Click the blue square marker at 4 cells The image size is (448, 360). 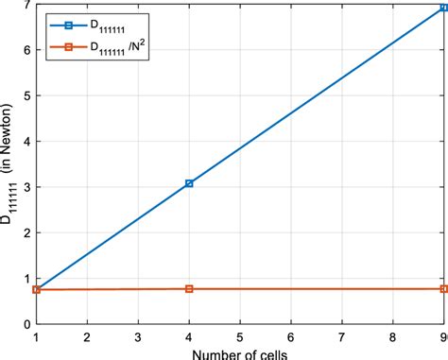[189, 183]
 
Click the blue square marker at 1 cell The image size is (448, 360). [36, 289]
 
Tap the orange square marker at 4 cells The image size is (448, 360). [189, 288]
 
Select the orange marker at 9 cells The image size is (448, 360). [443, 288]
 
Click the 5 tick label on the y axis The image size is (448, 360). [26, 95]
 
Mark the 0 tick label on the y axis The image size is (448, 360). [26, 324]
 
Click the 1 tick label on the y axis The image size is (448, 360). [26, 278]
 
